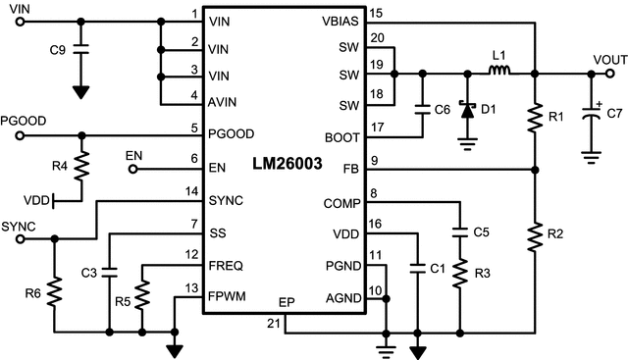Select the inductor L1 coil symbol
coord(498,71)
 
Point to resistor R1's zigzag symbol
coord(534,119)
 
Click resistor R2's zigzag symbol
coord(534,236)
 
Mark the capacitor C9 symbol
coord(81,45)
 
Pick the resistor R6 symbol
coord(56,290)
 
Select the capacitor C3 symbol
coord(110,270)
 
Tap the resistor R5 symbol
coord(143,290)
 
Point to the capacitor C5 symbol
coord(459,232)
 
